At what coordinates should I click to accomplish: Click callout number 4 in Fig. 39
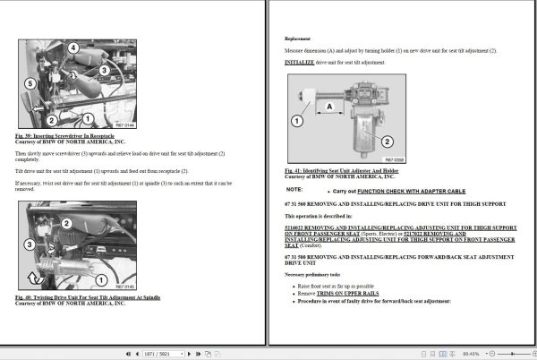click(x=73, y=47)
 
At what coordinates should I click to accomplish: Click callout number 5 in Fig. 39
click(x=29, y=83)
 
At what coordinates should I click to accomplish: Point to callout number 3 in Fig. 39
click(x=105, y=68)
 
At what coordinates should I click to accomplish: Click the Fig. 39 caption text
click(x=64, y=134)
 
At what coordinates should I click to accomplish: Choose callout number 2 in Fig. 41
click(x=387, y=141)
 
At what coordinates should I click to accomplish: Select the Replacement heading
click(x=298, y=39)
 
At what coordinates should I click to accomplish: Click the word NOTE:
click(x=294, y=190)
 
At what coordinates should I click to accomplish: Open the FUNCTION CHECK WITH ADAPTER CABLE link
click(x=402, y=191)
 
